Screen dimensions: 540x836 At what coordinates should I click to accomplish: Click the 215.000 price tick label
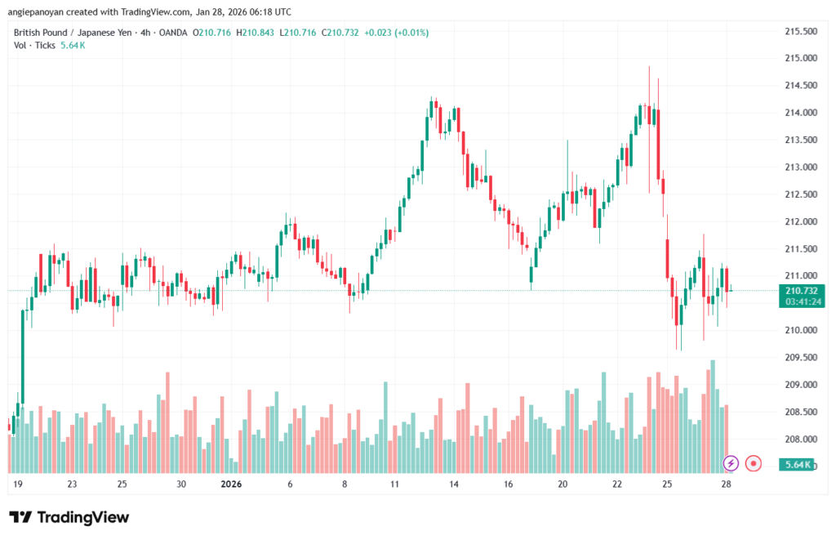tap(801, 58)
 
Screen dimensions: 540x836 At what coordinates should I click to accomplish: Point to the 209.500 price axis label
tap(801, 357)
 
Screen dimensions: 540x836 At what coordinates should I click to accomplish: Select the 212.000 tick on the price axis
tap(801, 221)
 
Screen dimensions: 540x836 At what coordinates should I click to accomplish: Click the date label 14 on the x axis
tap(455, 484)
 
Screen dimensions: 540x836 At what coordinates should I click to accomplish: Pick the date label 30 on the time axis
tap(181, 484)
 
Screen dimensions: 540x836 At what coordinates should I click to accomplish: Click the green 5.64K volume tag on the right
tap(797, 465)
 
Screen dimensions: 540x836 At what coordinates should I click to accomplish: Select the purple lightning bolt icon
tap(731, 463)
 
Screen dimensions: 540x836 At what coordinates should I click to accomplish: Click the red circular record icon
tap(754, 463)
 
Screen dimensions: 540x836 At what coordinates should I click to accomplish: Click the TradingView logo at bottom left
tap(69, 517)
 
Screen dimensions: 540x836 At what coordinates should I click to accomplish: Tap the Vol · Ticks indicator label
tap(35, 45)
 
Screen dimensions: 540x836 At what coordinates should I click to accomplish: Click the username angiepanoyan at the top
tap(41, 11)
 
